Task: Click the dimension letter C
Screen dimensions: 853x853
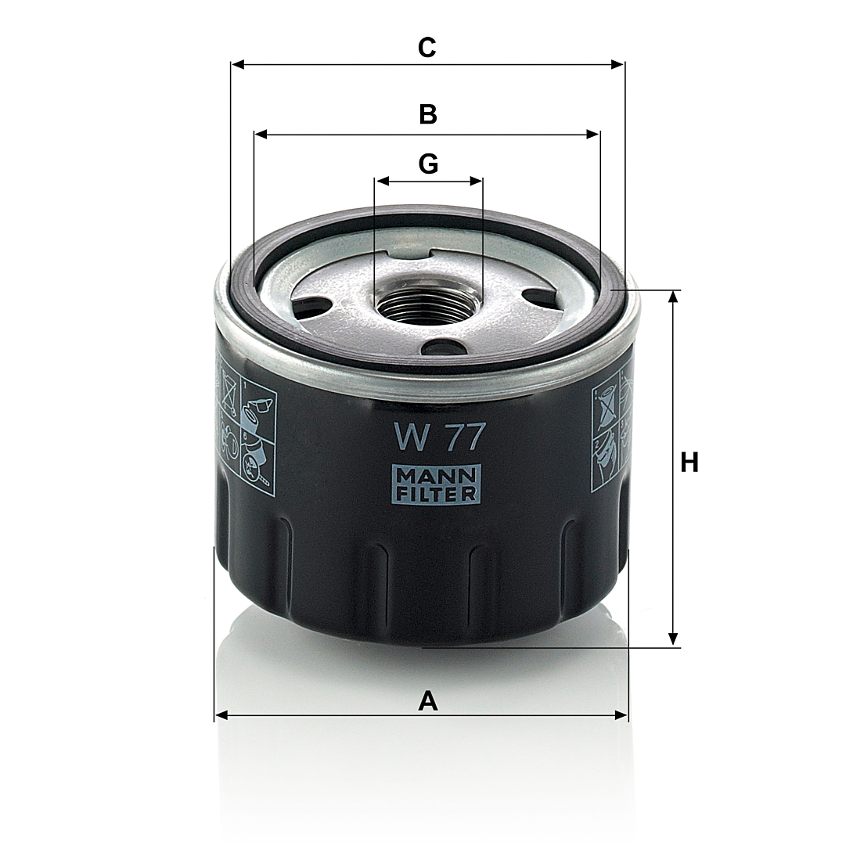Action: [427, 48]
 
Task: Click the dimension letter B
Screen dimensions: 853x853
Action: [428, 115]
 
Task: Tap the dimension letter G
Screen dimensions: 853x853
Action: [428, 164]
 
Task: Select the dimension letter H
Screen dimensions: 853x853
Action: [689, 463]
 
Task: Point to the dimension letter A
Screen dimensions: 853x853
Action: [427, 700]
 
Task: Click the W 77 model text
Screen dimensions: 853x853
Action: [439, 437]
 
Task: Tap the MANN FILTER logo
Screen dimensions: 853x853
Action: [437, 484]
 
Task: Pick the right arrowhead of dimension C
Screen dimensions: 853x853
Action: [617, 65]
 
